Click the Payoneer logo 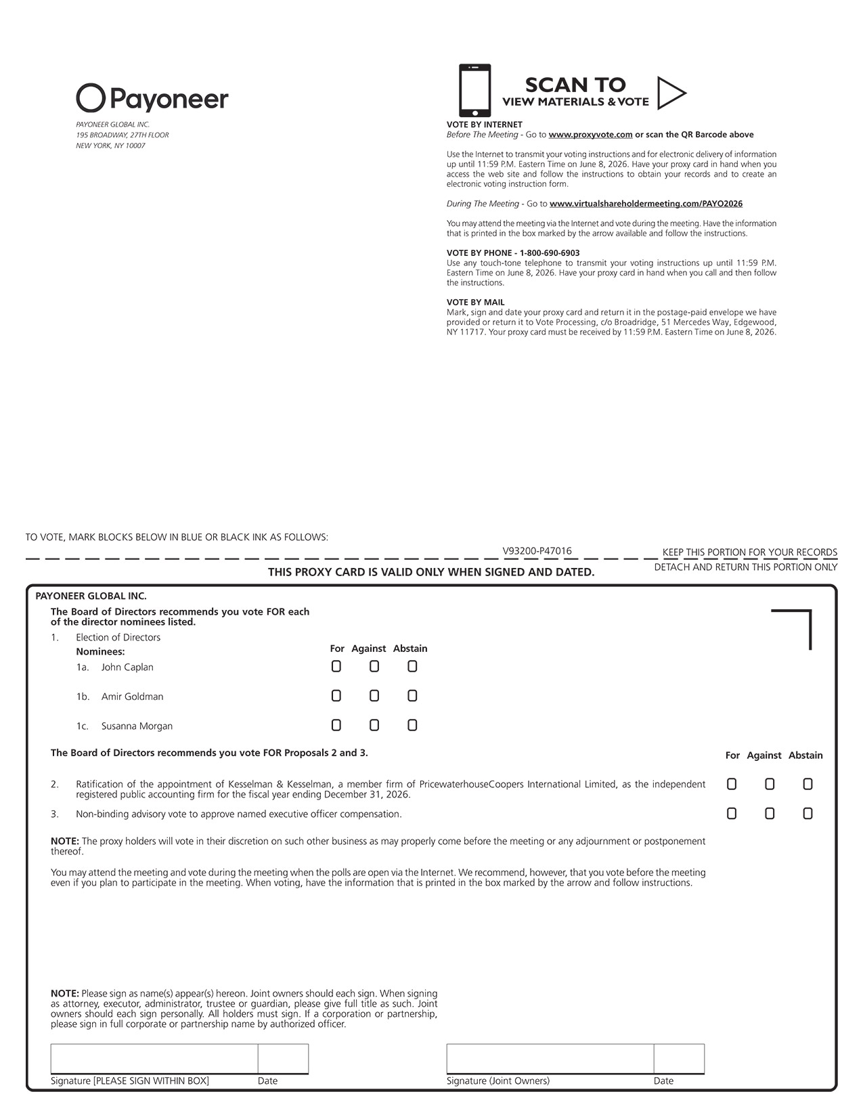152,99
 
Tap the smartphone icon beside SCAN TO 474,91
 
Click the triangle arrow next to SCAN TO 670,93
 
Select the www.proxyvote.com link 590,135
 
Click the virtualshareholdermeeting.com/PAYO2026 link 646,204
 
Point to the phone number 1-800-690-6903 550,253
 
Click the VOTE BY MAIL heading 475,303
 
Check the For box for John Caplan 336,667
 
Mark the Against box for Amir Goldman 374,696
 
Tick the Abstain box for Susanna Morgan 412,726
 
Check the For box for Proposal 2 732,784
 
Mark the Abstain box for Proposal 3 807,814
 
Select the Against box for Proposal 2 770,784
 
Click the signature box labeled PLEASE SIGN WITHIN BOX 154,1059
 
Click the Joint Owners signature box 550,1059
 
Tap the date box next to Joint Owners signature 679,1059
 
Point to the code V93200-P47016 537,551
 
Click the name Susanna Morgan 137,726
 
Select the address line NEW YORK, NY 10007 110,146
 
